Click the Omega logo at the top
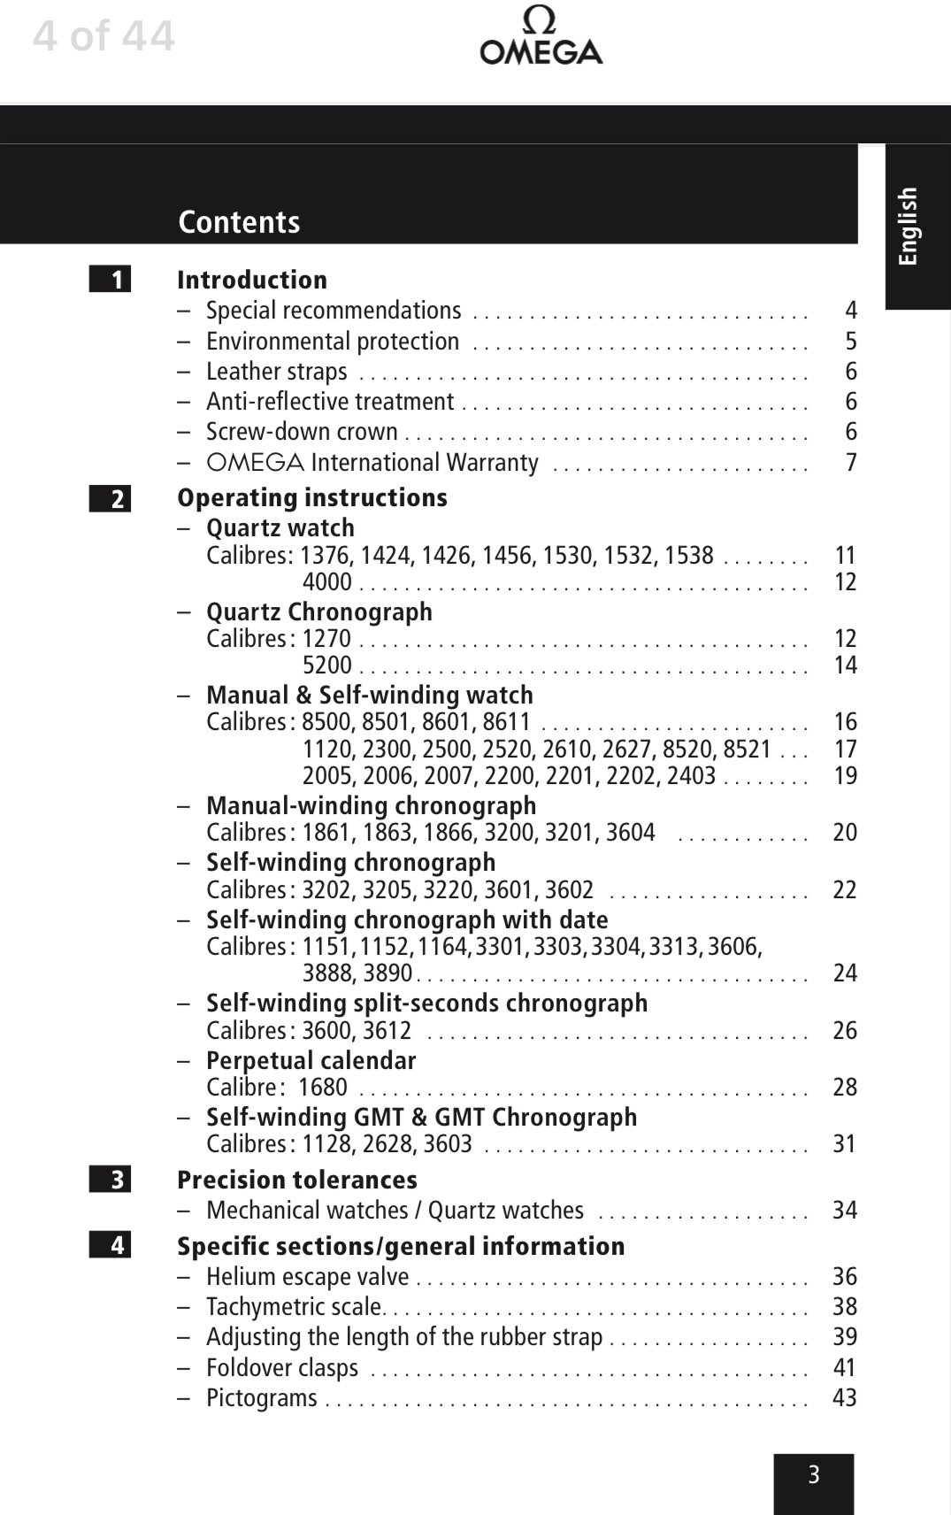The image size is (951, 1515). click(541, 37)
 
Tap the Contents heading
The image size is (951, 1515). click(239, 222)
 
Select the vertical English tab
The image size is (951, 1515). click(909, 226)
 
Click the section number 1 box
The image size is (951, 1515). click(110, 280)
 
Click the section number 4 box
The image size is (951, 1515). click(110, 1245)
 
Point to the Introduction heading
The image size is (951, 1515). click(252, 280)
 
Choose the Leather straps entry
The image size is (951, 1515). click(276, 372)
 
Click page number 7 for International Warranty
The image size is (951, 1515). click(851, 463)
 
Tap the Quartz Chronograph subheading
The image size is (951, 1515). click(319, 611)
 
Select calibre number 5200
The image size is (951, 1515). click(327, 665)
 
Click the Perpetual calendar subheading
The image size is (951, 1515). click(311, 1060)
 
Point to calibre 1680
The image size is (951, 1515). click(323, 1088)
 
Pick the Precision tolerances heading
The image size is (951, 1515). click(297, 1180)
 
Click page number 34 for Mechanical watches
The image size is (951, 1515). click(845, 1210)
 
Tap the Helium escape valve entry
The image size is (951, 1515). click(308, 1276)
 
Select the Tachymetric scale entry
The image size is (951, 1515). click(295, 1306)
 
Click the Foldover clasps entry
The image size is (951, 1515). click(282, 1367)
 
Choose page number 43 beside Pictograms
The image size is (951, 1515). click(845, 1397)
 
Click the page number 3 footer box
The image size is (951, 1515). click(814, 1475)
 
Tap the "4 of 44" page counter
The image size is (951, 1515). click(104, 36)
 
